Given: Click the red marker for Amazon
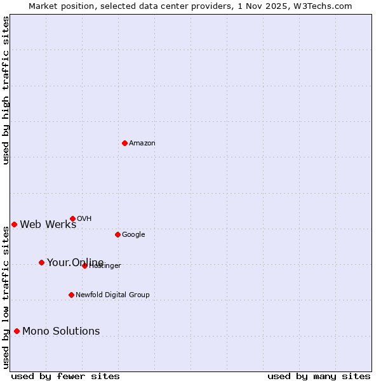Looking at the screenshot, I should click(x=124, y=143).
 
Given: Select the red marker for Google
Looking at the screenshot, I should click(x=117, y=234).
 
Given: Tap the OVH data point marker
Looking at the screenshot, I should click(x=72, y=218).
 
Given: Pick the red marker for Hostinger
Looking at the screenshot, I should click(x=84, y=265).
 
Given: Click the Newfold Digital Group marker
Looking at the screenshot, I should click(x=71, y=295).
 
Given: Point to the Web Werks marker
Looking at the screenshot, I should click(x=14, y=224).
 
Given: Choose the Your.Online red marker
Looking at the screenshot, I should click(x=41, y=262).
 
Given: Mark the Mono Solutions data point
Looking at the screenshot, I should click(x=17, y=331).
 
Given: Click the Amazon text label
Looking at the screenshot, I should click(x=142, y=144).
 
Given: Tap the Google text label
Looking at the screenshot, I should click(x=133, y=235).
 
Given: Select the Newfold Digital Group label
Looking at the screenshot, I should click(x=112, y=295).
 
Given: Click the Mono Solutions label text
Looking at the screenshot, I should click(x=61, y=331).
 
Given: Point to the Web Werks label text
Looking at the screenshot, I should click(x=48, y=225).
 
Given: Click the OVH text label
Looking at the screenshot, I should click(x=84, y=219).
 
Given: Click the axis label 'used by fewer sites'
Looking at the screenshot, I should click(x=65, y=377).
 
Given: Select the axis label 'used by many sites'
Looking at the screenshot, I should click(x=319, y=377).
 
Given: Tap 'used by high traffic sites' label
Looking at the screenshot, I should click(x=6, y=90).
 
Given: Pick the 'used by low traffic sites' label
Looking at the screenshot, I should click(x=6, y=297).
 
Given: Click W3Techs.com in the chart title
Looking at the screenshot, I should click(x=326, y=6).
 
